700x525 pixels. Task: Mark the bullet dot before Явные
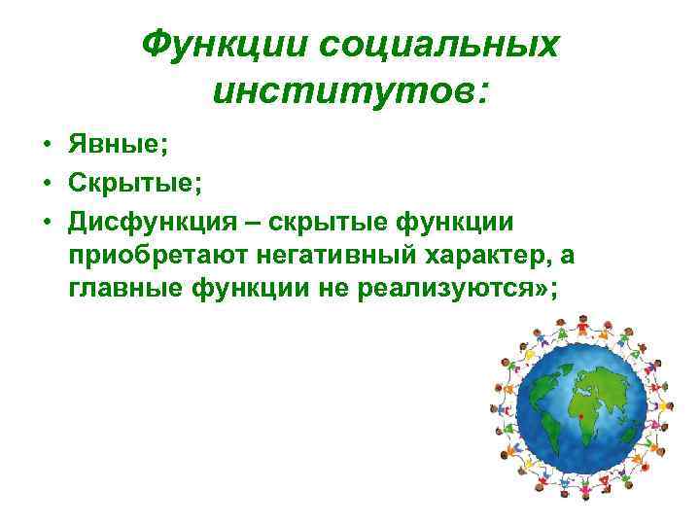[x=46, y=146]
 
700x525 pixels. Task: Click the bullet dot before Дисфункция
[x=46, y=223]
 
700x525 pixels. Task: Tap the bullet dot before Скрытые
[x=46, y=184]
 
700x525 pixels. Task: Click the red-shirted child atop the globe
[x=580, y=321]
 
